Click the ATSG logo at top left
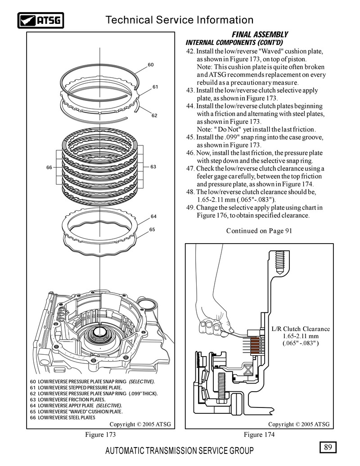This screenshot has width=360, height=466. pos(40,20)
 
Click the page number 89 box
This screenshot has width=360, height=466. pos(327,447)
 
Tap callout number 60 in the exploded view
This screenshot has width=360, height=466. pos(151,65)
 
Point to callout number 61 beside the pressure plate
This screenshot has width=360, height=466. pos(155,86)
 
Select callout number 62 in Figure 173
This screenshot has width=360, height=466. pos(154,116)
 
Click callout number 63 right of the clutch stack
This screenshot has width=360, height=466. pos(153,167)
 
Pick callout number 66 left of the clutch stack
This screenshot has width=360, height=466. pos(49,167)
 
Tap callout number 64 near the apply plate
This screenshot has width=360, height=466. pos(153,217)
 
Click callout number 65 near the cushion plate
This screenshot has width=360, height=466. pos(152,230)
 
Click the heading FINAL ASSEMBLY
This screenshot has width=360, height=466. pos(260,35)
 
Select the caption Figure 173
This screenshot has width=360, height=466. pos(101,434)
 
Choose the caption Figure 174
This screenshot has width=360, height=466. pos(259,434)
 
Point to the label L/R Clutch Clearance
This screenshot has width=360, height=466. pos(301,329)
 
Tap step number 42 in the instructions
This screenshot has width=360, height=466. pos(190,51)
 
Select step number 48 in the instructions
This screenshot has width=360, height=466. pos(190,192)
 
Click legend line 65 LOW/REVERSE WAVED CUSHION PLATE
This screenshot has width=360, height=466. pos(76,412)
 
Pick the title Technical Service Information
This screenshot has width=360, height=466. pos(179,20)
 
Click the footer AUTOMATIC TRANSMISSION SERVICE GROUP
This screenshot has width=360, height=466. pos(179,451)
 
